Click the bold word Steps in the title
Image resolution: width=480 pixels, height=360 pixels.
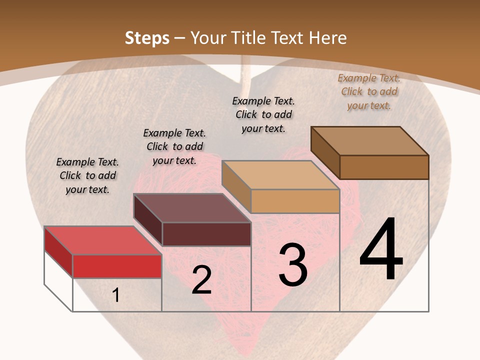(x=147, y=38)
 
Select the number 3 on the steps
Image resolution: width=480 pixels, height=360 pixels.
(x=293, y=265)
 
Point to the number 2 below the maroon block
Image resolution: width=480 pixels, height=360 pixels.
(x=201, y=280)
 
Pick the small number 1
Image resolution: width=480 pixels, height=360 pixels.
(x=116, y=295)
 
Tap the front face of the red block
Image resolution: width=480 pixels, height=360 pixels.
(x=117, y=266)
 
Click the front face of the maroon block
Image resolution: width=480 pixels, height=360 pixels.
(x=206, y=234)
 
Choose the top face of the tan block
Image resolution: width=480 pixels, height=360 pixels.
(x=280, y=175)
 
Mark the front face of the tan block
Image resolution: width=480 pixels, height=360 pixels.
(x=295, y=201)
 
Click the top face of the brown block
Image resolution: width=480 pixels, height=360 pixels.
(x=369, y=141)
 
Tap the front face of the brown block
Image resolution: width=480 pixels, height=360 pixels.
(x=384, y=167)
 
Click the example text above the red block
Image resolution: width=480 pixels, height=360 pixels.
(x=87, y=175)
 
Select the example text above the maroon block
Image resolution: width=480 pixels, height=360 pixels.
(x=174, y=146)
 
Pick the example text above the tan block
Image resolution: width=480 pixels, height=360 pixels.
(x=263, y=114)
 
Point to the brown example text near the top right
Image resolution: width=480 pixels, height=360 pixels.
(x=369, y=91)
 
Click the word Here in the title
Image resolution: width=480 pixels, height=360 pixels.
(x=328, y=38)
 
